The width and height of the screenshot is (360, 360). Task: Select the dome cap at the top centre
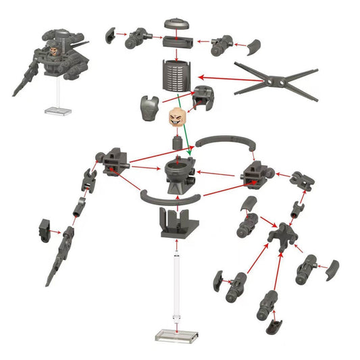178,23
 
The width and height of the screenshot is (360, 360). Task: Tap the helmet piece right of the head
204,100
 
